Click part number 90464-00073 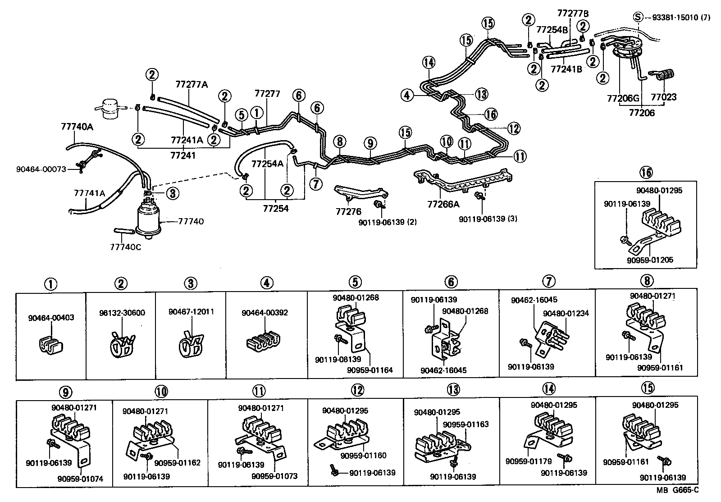pos(41,169)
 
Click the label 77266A pos(443,205)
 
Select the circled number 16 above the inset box pos(645,172)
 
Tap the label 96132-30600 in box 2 pos(122,313)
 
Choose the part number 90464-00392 pos(265,313)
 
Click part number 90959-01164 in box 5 pos(370,370)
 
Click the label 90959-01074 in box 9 pos(80,479)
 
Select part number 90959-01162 pos(177,463)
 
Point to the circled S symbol pos(638,17)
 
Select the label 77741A pos(89,193)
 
